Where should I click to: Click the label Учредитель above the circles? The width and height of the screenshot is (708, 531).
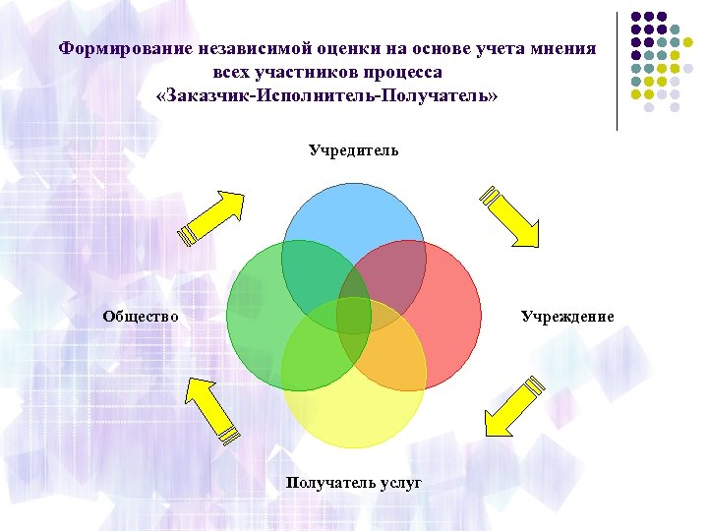pyautogui.click(x=353, y=151)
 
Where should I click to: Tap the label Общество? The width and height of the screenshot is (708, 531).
pyautogui.click(x=141, y=316)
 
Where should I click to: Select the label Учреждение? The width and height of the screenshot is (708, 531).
pyautogui.click(x=567, y=316)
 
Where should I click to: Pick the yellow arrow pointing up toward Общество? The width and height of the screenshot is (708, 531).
pyautogui.click(x=212, y=409)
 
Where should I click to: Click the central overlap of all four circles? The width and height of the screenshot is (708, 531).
pyautogui.click(x=354, y=315)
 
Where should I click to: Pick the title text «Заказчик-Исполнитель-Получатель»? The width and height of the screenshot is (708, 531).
pyautogui.click(x=327, y=98)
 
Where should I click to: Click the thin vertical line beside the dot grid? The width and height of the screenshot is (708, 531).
pyautogui.click(x=618, y=69)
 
